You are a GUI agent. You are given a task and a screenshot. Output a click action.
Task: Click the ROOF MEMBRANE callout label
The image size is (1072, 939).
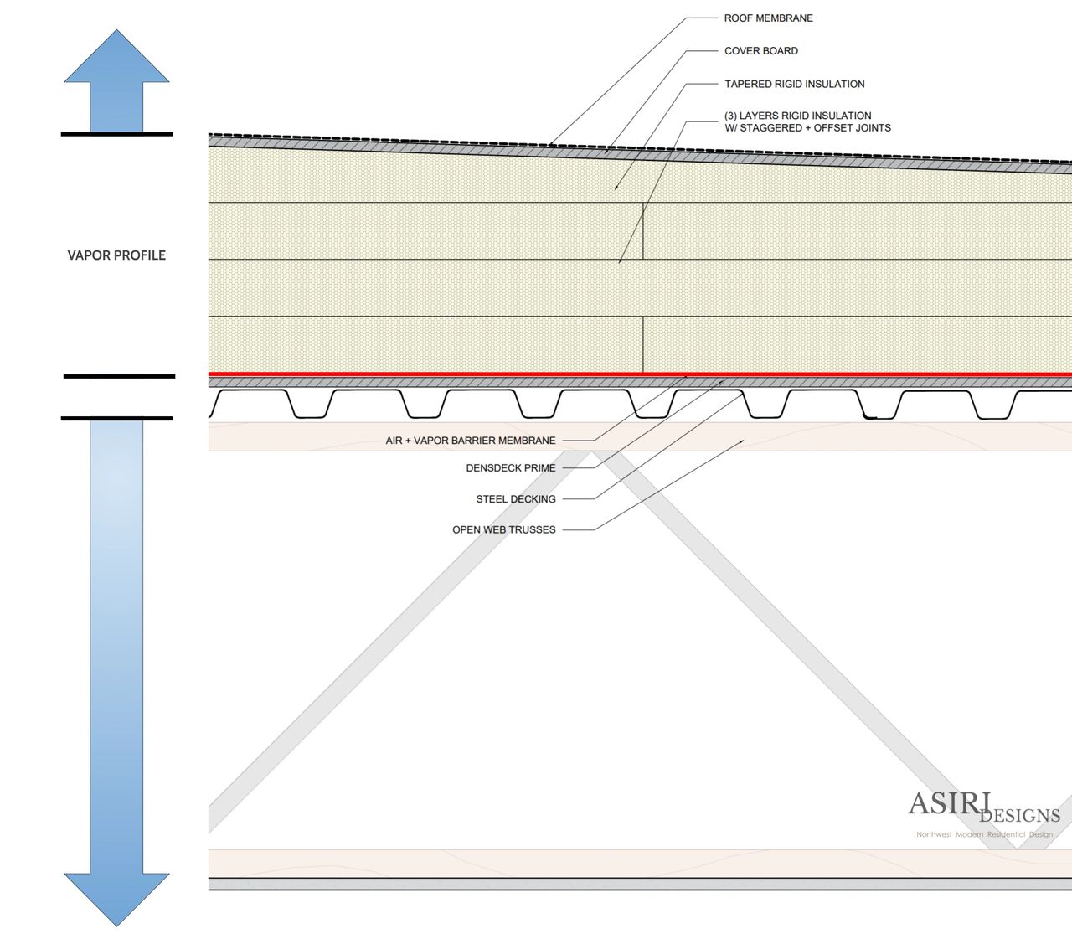pos(768,18)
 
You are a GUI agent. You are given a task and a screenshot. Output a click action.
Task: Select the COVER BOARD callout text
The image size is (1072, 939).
pos(760,51)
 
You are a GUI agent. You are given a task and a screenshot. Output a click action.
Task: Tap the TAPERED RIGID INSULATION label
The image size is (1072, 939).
pos(794,84)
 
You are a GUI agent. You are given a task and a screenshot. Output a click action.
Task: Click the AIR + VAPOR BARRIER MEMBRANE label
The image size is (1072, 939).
pos(470,441)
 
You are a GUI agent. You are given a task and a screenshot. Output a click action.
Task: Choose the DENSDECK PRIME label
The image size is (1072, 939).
pos(510,468)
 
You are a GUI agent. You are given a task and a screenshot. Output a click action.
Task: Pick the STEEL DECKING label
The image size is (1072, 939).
pos(515,499)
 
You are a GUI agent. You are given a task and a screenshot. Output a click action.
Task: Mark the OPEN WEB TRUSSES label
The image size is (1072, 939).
pos(503,530)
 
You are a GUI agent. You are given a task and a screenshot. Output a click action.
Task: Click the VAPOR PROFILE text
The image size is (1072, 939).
pos(116,255)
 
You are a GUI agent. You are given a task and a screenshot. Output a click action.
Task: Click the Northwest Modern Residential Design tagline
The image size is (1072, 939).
pos(984,834)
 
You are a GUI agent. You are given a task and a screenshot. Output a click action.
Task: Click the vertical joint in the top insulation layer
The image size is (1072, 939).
pos(642,230)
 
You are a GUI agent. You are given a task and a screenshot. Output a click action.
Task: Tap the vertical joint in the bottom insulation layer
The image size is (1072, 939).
pos(642,344)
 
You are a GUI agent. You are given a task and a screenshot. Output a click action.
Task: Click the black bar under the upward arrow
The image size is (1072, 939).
pos(116,134)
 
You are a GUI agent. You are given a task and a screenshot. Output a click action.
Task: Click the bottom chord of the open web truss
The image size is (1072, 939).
pos(586,863)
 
